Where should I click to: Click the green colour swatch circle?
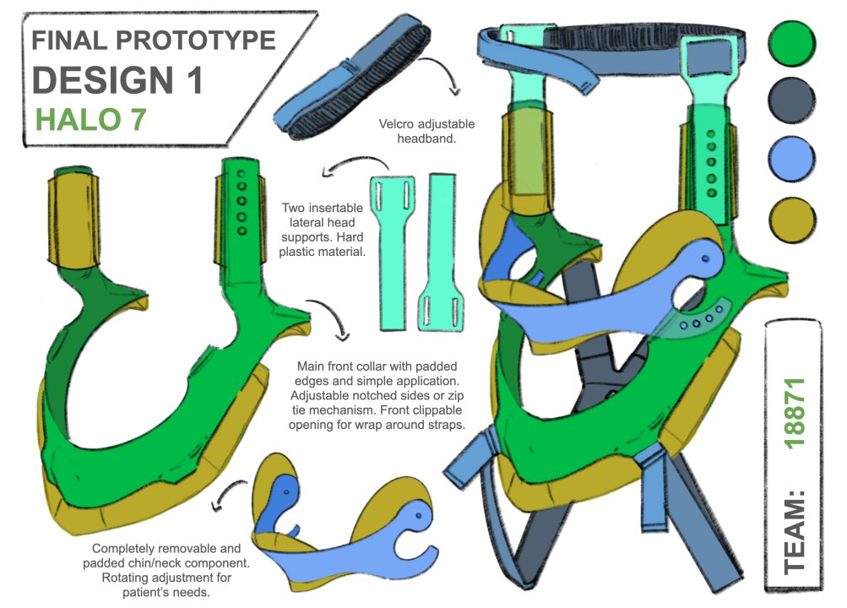792,40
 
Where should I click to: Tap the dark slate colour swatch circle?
792,99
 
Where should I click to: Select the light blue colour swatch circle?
792,158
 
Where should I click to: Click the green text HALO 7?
91,119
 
